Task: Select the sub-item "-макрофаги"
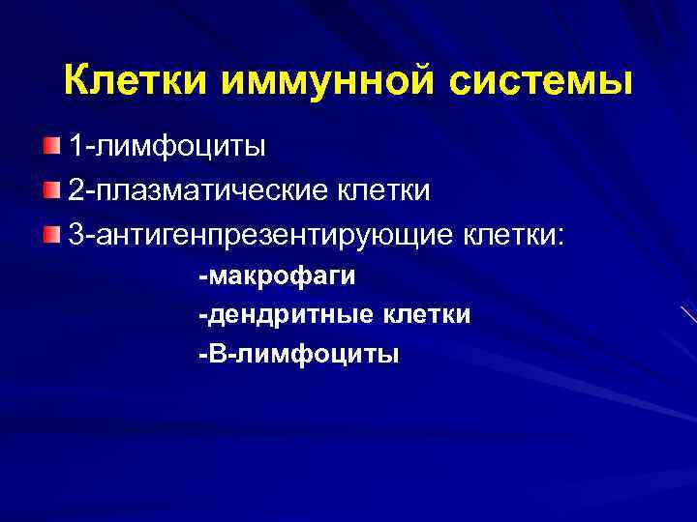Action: [x=277, y=276]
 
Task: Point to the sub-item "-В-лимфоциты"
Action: [x=297, y=354]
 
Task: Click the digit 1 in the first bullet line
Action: [x=75, y=147]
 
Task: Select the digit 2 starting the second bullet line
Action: [x=75, y=189]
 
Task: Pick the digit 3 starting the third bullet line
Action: [x=75, y=233]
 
